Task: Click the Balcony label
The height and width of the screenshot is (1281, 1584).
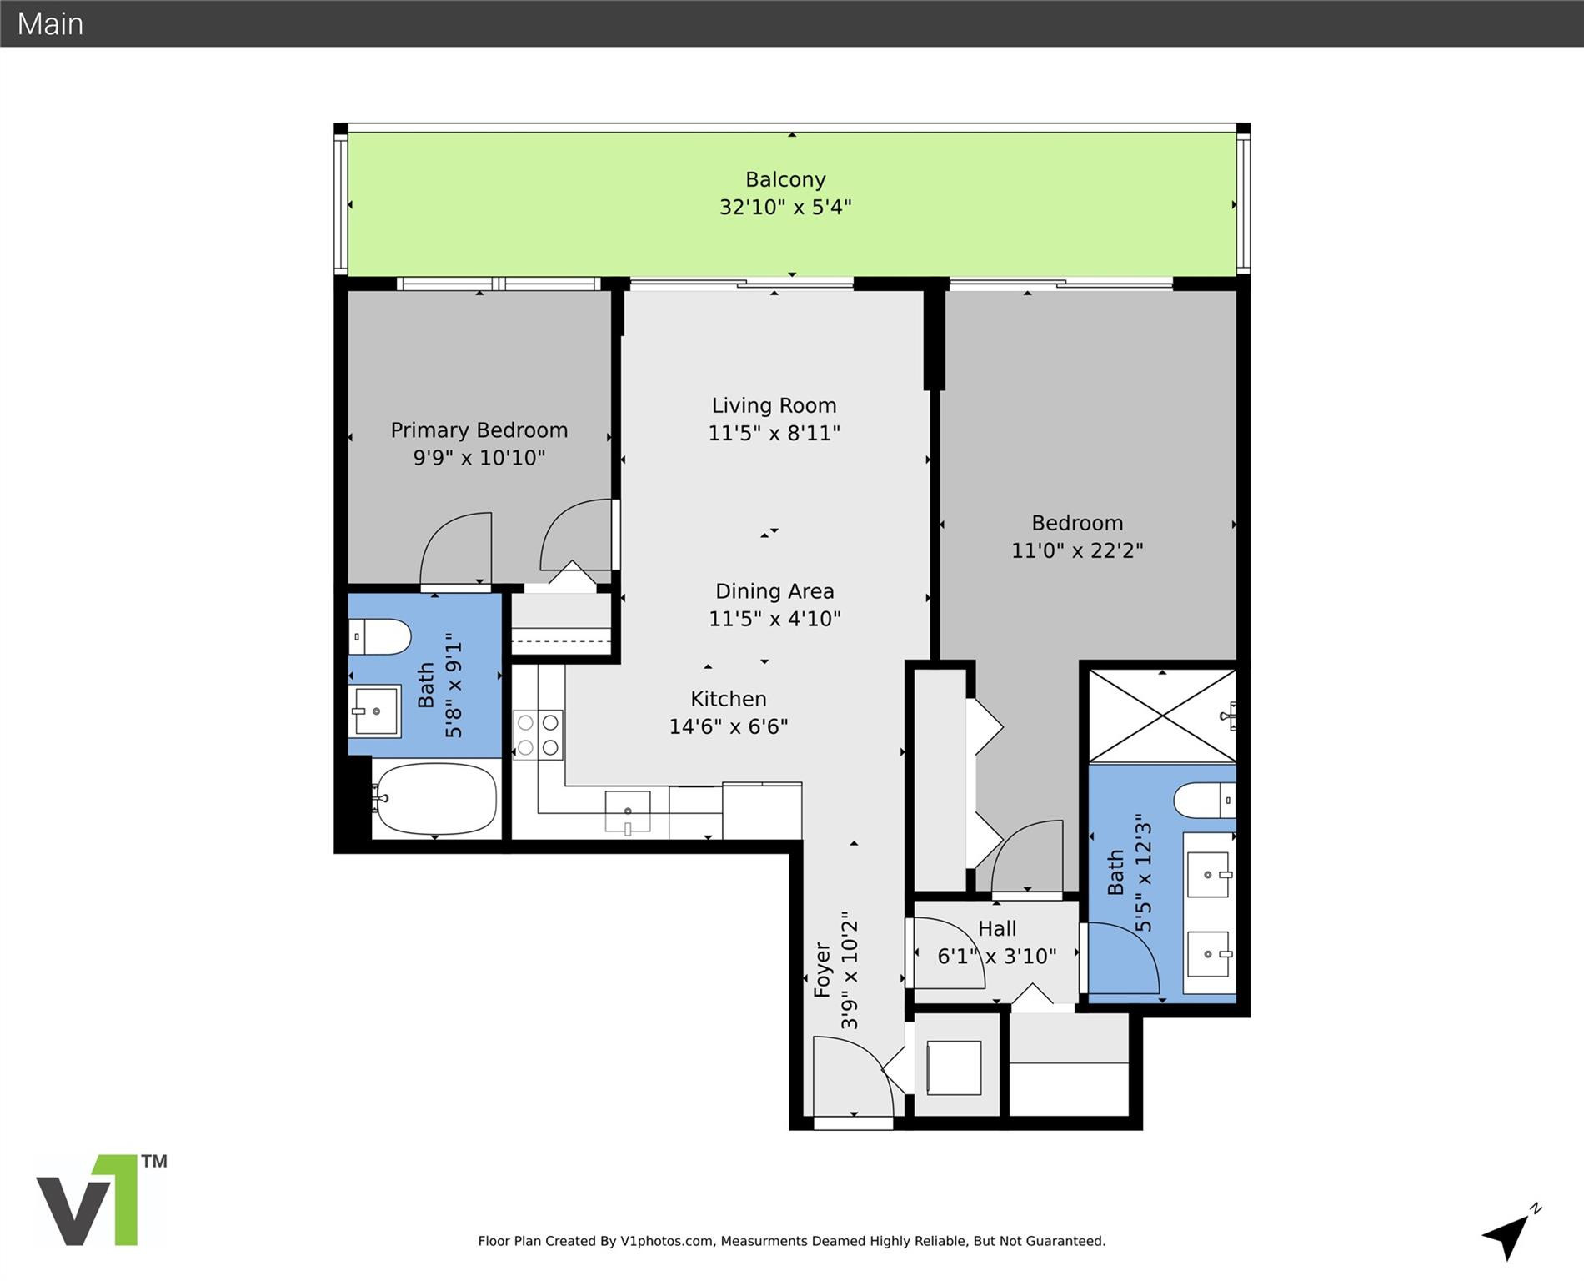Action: (784, 179)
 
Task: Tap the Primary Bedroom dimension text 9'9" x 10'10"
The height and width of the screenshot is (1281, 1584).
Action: (479, 458)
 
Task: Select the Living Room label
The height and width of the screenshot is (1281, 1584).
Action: (774, 406)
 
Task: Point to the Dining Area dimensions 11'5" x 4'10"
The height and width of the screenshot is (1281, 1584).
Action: (774, 619)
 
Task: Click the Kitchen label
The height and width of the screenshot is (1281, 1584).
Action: (728, 699)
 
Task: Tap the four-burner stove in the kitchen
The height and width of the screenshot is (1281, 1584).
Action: (538, 734)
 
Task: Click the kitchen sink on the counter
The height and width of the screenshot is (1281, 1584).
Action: (627, 811)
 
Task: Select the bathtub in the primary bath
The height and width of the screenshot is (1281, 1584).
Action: (434, 799)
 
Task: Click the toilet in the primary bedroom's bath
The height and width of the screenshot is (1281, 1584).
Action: (380, 637)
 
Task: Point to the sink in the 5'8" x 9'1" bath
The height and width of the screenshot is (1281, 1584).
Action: (375, 711)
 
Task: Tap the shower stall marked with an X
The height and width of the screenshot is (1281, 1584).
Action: (1161, 716)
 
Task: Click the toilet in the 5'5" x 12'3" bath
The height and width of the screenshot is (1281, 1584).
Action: (1204, 801)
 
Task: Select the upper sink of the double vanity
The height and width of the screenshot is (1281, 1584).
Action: (1208, 874)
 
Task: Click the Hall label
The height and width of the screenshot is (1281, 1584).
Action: (997, 929)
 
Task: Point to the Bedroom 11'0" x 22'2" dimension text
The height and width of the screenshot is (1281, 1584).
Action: (1077, 551)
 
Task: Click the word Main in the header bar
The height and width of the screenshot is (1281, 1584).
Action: (50, 23)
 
